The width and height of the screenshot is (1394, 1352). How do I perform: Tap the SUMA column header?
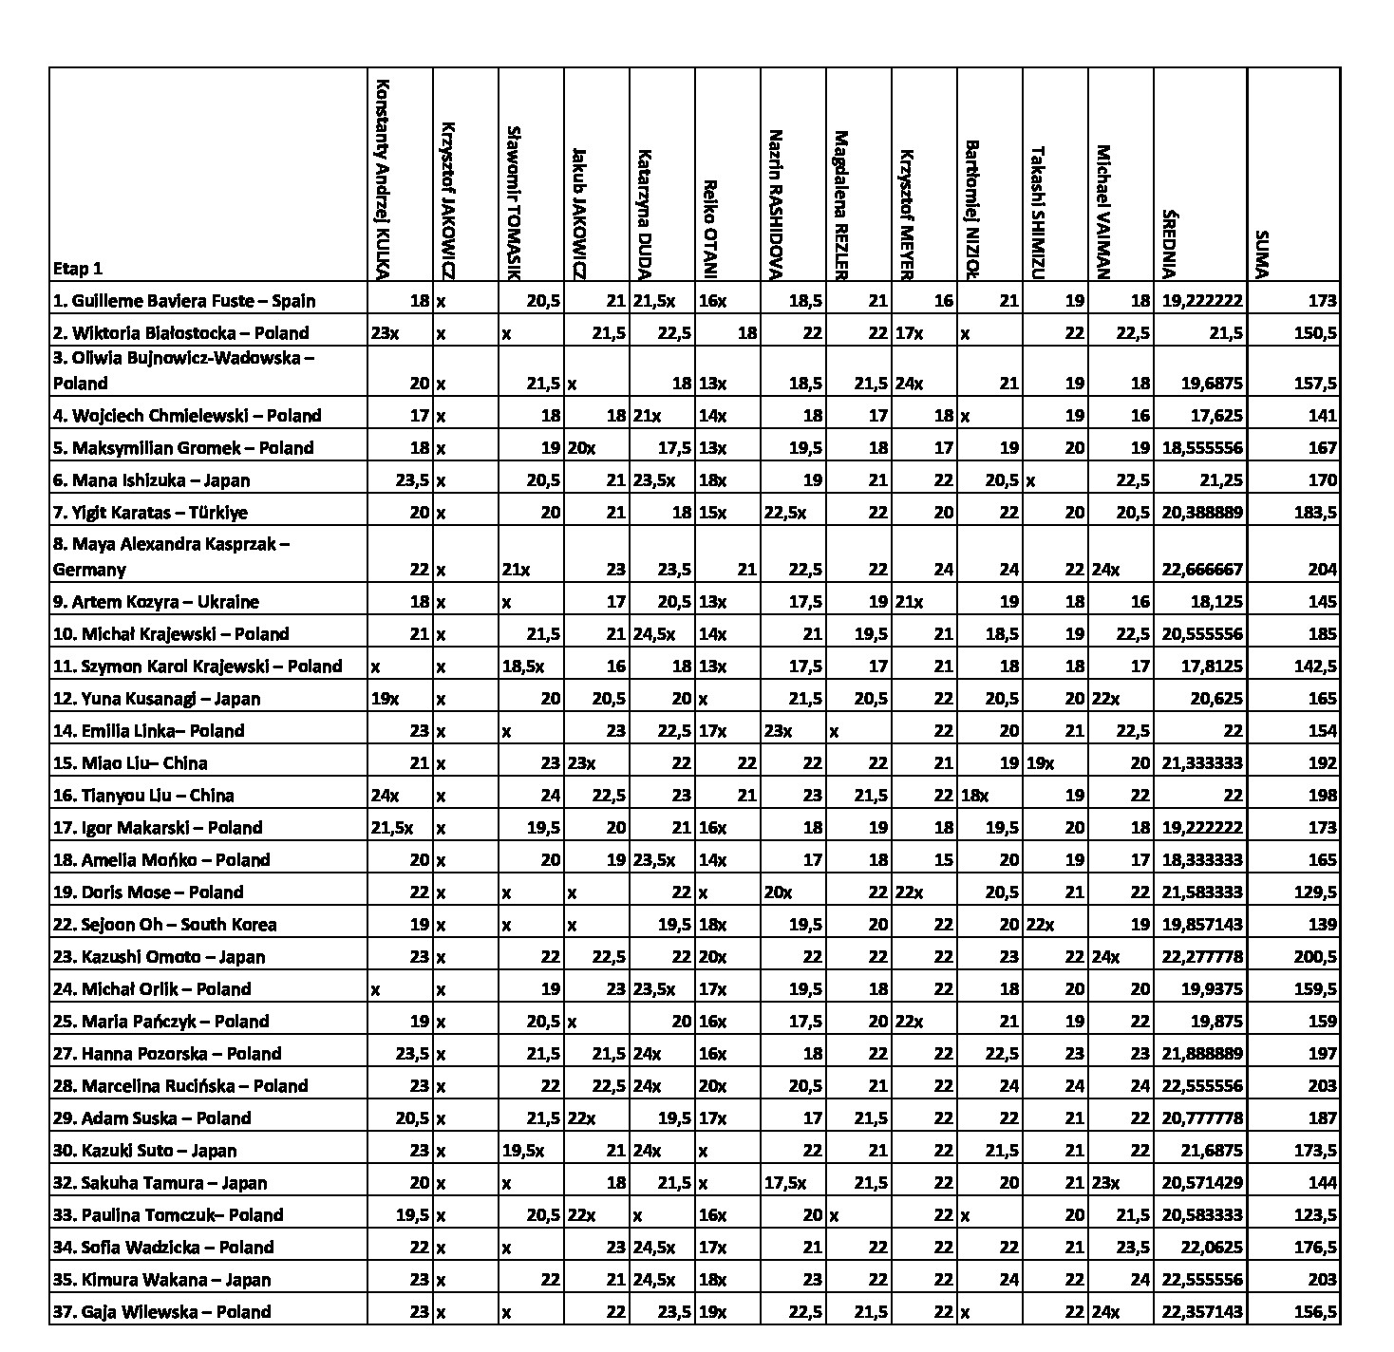click(x=1260, y=254)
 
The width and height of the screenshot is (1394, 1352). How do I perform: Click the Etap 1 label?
click(x=78, y=269)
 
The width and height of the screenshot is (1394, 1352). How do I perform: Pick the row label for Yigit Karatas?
click(x=150, y=513)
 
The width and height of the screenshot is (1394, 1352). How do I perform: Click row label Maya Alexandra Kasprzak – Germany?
click(x=171, y=556)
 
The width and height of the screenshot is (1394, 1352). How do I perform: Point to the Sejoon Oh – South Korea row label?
click(x=165, y=925)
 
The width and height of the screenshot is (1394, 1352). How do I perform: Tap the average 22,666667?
click(x=1201, y=570)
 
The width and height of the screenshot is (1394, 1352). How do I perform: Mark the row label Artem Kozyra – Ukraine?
click(x=156, y=602)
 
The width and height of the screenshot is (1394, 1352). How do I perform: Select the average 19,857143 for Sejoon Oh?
click(x=1201, y=925)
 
